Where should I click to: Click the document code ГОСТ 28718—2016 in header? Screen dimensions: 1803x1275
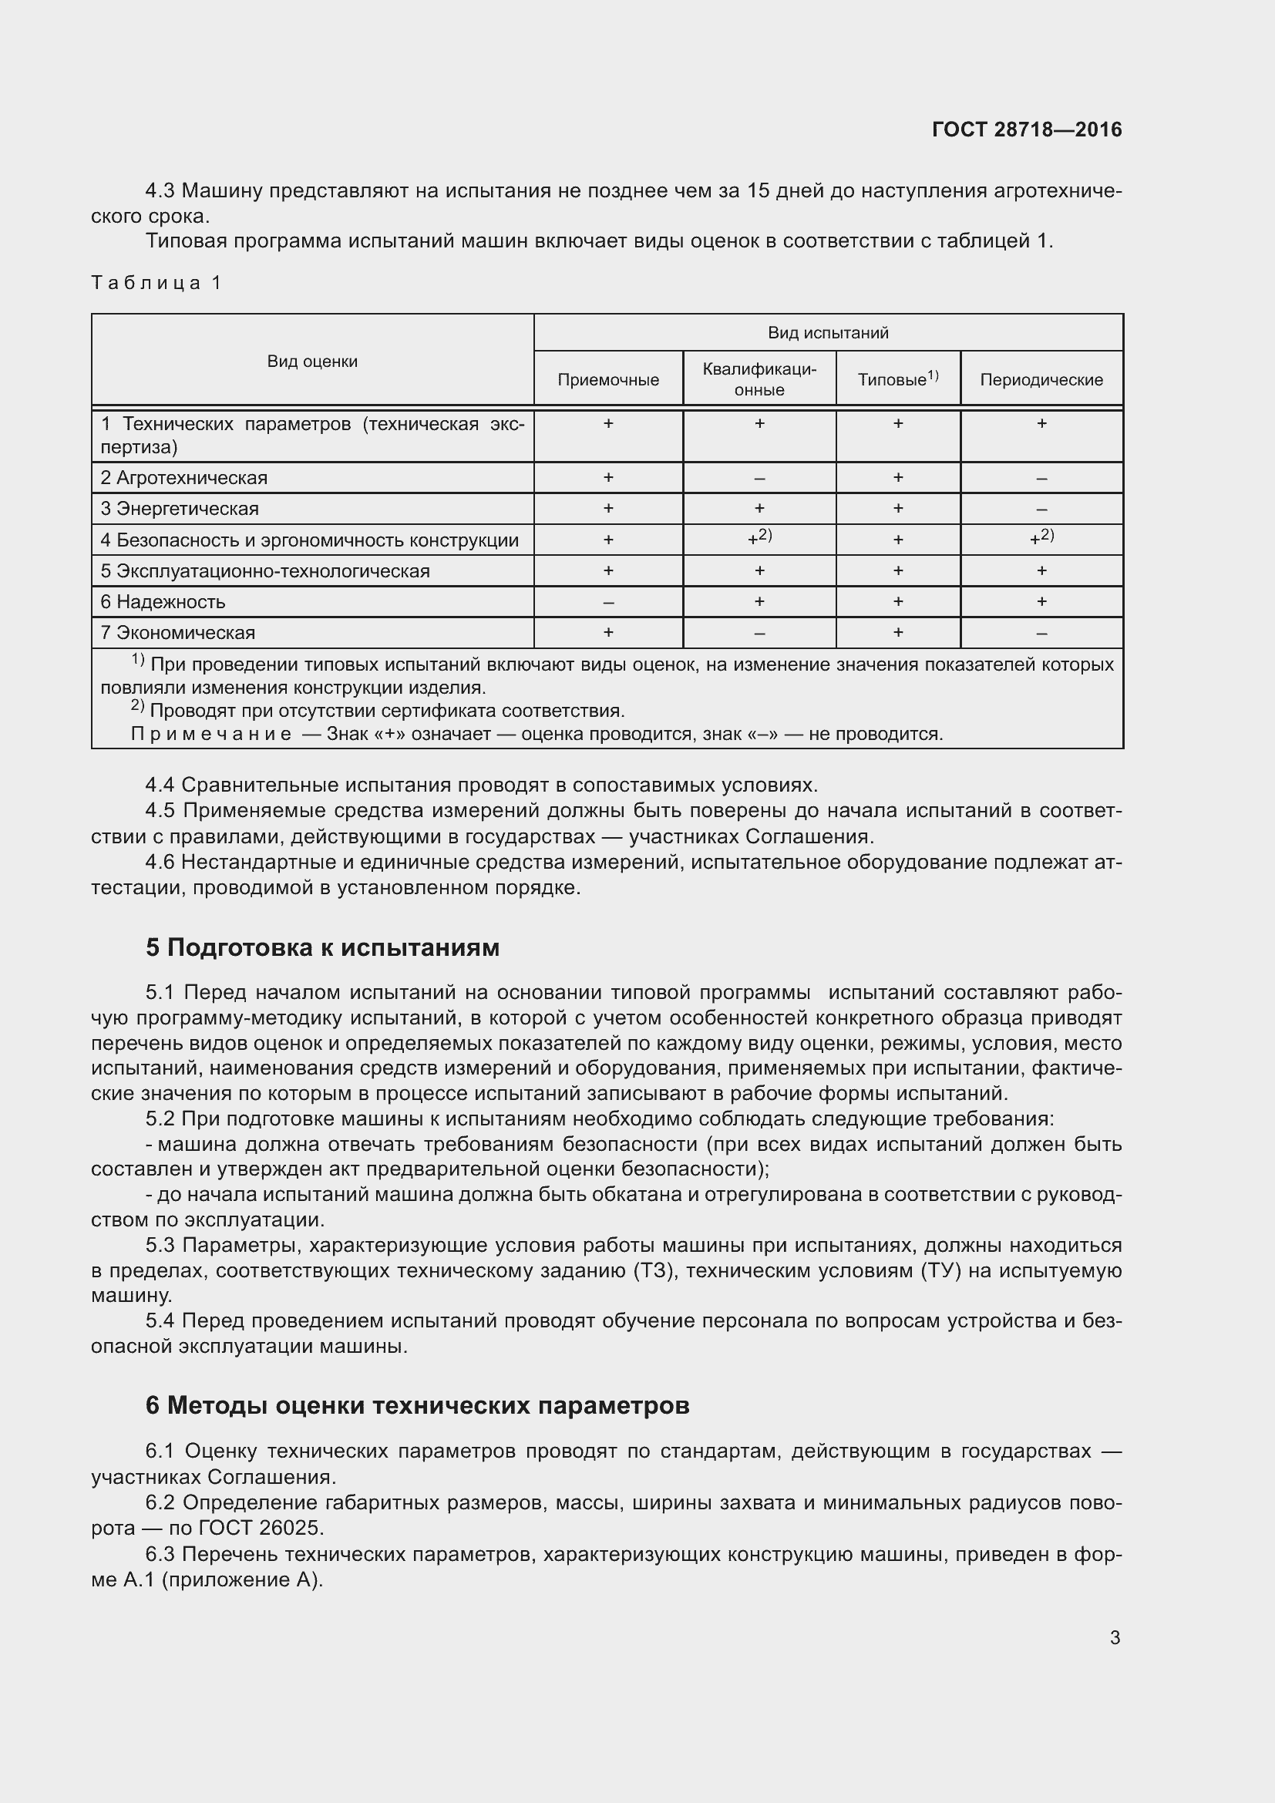pos(1026,130)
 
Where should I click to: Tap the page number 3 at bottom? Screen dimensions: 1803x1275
pos(1115,1637)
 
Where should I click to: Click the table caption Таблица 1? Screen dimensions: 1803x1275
pos(157,283)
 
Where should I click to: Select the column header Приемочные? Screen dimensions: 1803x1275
pos(607,380)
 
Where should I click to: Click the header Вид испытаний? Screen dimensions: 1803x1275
pos(827,333)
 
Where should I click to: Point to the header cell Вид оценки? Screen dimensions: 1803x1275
pos(311,362)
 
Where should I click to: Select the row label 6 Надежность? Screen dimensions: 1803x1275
pos(163,602)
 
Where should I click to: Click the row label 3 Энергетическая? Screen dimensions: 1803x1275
pos(179,509)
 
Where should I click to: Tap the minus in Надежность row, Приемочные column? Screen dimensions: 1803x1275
pos(607,602)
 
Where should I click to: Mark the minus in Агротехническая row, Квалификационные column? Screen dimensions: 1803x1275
pos(759,478)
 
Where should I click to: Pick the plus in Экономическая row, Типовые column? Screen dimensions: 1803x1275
pos(897,633)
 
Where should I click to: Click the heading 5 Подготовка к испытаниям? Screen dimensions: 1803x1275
pos(322,948)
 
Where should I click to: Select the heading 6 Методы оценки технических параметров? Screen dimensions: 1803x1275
pos(417,1406)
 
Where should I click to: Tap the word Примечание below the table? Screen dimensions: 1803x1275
pos(210,735)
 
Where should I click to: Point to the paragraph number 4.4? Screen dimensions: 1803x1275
pos(160,785)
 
